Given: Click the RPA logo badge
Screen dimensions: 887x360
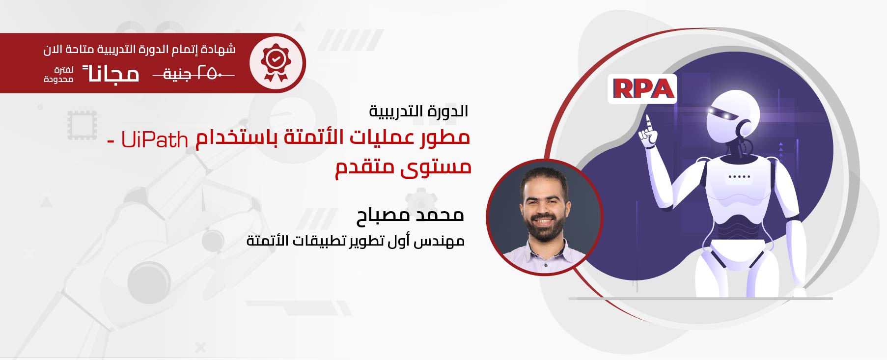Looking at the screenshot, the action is tap(642, 89).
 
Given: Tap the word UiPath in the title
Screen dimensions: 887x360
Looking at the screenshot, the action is tap(155, 140).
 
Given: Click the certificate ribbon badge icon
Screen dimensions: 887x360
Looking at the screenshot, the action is tap(276, 63).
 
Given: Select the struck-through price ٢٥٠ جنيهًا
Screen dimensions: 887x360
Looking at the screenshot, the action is tap(194, 74).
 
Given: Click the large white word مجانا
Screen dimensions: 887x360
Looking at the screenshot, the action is tap(111, 74).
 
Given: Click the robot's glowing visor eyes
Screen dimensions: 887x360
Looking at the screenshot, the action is tap(719, 113).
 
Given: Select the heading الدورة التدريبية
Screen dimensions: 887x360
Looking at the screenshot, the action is tap(418, 111).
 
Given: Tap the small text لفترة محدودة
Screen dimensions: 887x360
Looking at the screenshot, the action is tap(59, 75).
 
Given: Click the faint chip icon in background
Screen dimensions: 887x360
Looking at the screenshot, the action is tap(82, 125).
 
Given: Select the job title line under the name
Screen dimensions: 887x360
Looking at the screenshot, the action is tap(356, 241).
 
